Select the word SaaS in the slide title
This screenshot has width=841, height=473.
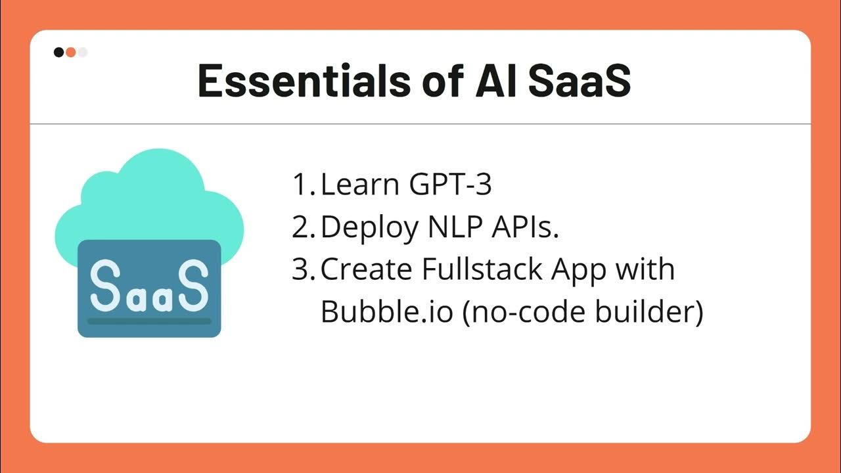578,80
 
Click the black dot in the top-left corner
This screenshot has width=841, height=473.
59,53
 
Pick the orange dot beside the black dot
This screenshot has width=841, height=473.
71,53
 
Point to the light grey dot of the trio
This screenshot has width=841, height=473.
83,53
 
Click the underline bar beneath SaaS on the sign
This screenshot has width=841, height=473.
149,321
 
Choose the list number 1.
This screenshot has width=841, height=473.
303,185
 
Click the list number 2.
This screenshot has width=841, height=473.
303,227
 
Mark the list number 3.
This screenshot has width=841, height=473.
303,269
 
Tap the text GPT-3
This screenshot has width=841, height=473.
450,185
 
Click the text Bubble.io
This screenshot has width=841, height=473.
386,312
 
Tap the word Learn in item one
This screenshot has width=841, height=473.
360,185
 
